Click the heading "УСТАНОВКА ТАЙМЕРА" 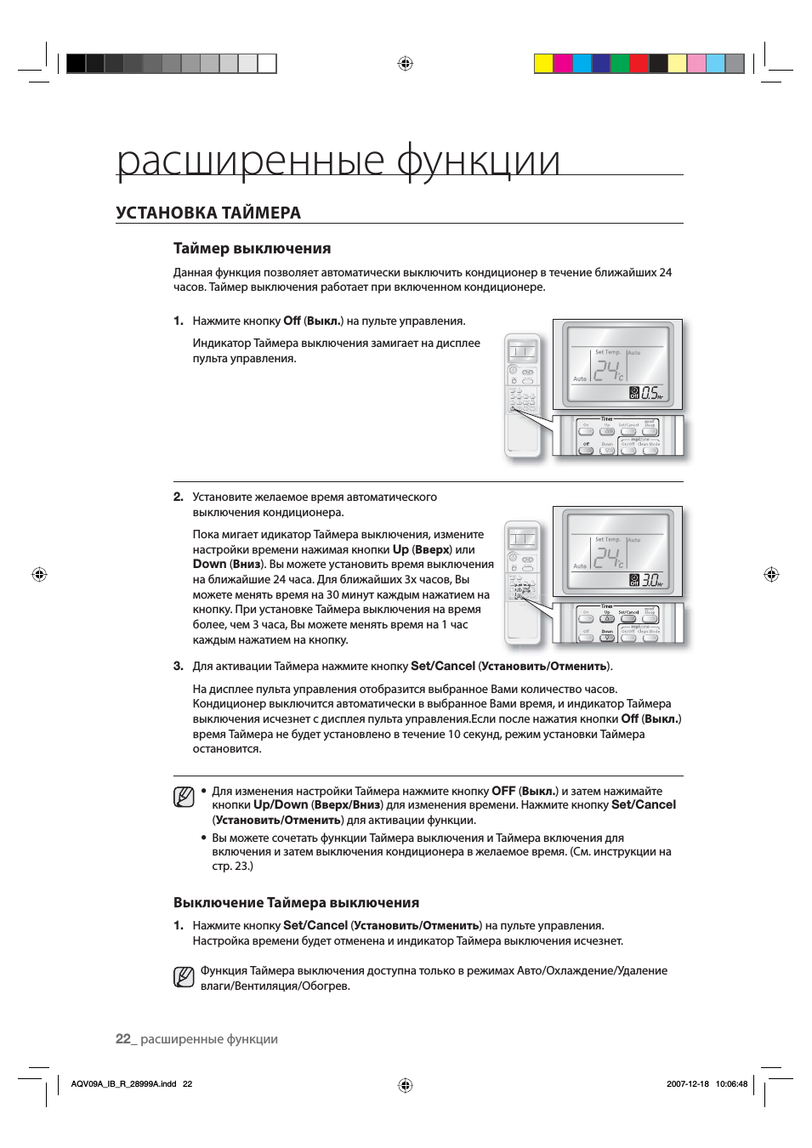[208, 213]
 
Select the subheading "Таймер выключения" [252, 248]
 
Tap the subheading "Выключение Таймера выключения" [296, 902]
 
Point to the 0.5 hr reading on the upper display [650, 392]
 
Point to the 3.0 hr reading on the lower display [650, 580]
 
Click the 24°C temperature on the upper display [608, 371]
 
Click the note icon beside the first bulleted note [184, 798]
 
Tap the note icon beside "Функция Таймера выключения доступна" [184, 977]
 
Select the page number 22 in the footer [123, 1038]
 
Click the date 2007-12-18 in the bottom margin [687, 1084]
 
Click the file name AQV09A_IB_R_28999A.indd [123, 1084]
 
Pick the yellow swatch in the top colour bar [543, 63]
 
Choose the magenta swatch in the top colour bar [563, 63]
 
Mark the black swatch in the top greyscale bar [77, 63]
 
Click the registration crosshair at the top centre [406, 63]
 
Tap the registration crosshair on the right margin [771, 574]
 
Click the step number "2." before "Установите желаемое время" [179, 497]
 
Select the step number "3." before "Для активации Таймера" [179, 666]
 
